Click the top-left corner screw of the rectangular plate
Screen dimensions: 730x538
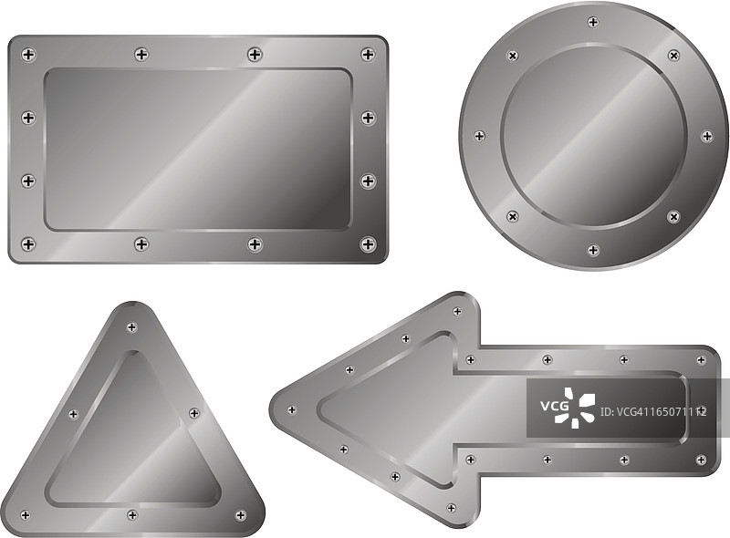point(28,55)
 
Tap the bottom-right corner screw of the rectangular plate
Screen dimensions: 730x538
point(369,243)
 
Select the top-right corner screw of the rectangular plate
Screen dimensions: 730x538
point(369,55)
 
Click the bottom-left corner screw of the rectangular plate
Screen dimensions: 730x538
point(28,244)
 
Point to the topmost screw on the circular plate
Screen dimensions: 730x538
point(593,22)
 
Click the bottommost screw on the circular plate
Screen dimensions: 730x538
point(593,250)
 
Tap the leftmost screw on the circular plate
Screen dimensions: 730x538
point(480,136)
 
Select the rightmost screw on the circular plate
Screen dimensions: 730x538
point(707,136)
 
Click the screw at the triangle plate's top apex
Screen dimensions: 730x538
point(132,327)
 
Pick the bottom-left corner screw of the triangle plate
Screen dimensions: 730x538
point(26,514)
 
